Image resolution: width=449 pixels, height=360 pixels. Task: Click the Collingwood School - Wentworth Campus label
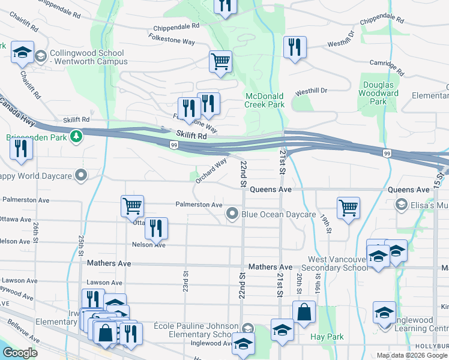[x=89, y=57]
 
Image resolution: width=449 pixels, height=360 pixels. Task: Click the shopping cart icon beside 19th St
[x=348, y=207]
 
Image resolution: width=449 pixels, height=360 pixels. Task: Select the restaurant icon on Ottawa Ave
[x=155, y=227]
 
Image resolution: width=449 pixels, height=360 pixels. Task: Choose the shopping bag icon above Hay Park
[x=304, y=312]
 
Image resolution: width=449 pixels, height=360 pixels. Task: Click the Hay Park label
[x=327, y=337]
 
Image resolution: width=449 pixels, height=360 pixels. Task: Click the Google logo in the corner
[x=20, y=353]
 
